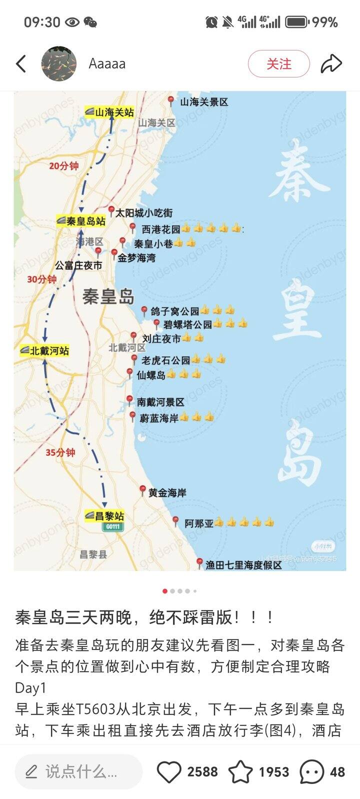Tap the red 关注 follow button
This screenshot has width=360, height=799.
278,64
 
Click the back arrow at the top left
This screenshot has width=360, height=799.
21,64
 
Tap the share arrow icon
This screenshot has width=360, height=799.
331,64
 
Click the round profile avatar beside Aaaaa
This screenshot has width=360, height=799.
59,64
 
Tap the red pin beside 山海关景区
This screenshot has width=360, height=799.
171,100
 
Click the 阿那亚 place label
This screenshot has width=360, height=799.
199,523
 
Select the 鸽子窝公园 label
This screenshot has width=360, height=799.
175,311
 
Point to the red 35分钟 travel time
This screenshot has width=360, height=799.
60,452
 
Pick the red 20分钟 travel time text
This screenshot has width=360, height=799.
63,166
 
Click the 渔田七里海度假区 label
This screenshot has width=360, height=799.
244,565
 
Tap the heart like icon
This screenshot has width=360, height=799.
169,772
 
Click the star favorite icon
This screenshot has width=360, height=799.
240,772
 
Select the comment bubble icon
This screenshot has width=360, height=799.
311,772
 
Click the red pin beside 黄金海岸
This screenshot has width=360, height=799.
142,490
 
